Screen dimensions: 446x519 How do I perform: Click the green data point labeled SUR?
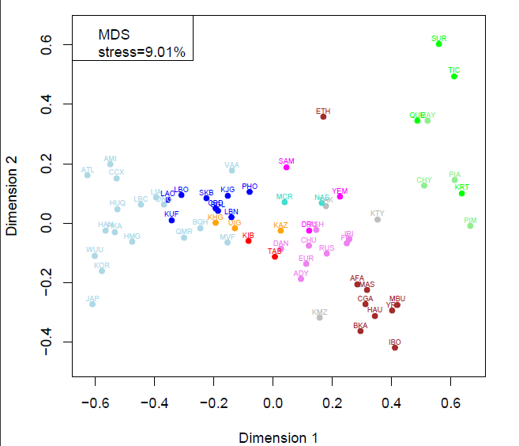pos(439,44)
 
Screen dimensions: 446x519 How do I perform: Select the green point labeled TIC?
pos(454,76)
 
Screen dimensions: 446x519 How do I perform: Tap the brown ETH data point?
pos(323,117)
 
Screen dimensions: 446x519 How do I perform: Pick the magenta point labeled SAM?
pos(287,167)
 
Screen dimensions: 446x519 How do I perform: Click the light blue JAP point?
pos(92,304)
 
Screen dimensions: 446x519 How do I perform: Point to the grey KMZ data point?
pos(320,317)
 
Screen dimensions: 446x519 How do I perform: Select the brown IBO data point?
pos(395,348)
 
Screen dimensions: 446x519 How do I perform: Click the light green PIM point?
pos(471,225)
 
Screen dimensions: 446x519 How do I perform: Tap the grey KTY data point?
pos(378,219)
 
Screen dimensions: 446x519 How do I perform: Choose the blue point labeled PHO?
pos(250,192)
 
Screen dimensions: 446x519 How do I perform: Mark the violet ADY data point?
pos(301,278)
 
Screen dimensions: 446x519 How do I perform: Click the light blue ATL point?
pos(88,175)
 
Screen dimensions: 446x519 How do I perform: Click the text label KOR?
pos(101,265)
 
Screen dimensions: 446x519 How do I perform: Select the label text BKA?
pos(360,325)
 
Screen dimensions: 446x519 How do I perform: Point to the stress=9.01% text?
pos(141,52)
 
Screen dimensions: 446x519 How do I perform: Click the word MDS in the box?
pos(114,35)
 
